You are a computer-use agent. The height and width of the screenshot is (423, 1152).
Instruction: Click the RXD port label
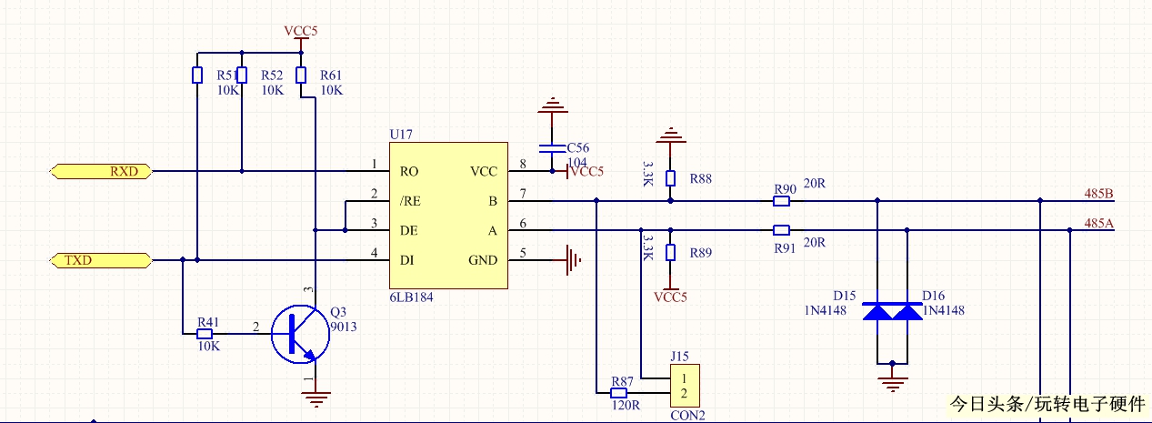coord(101,171)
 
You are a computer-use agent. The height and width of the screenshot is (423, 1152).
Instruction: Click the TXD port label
coord(101,261)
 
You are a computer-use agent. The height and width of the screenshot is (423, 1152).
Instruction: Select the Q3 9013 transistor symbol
coord(299,334)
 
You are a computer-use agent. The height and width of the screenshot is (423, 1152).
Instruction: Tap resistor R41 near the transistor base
coord(208,334)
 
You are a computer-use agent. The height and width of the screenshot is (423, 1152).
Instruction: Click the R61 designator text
coord(331,75)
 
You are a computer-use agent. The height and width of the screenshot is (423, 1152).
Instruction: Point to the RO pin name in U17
coord(409,171)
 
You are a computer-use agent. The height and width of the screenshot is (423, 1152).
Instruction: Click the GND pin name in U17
coord(483,260)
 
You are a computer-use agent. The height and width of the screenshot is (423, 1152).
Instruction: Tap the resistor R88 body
coord(670,178)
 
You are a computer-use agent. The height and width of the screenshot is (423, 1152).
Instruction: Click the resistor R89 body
coord(670,252)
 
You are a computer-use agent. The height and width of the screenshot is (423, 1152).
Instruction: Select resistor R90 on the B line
coord(781,200)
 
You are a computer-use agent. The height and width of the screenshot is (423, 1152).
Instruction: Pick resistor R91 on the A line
coord(781,229)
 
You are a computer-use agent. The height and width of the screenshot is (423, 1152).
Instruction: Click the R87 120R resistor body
coord(622,393)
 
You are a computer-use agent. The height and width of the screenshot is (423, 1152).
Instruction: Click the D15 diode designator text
coord(846,296)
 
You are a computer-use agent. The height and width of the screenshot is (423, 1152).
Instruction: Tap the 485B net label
coord(1099,194)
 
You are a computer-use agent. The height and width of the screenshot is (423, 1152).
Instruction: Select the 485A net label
coord(1099,223)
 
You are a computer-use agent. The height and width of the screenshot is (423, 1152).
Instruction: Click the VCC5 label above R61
coord(301,31)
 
